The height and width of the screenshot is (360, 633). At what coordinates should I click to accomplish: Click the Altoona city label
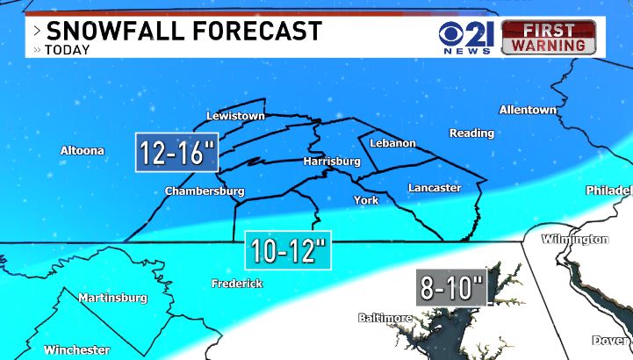pos(82,150)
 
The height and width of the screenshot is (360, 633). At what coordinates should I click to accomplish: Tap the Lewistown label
pos(234,116)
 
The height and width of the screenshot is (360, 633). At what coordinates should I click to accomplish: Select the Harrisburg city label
pos(332,162)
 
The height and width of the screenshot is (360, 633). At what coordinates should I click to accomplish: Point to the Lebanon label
pos(392,143)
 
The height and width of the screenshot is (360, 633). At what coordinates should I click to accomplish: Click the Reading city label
pos(471,133)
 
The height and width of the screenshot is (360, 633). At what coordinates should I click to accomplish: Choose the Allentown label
pos(528,110)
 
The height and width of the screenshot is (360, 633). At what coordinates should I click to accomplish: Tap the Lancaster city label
pos(434,188)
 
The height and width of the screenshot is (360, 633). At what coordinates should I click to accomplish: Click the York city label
pos(365,200)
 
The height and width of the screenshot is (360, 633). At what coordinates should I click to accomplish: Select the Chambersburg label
pos(205,191)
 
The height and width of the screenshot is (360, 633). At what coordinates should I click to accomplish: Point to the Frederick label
pos(237,283)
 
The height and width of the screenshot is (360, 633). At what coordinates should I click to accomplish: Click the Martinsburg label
pos(112,298)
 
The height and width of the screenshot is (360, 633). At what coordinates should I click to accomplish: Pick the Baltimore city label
pos(385,317)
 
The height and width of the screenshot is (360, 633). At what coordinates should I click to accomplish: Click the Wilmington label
pos(575,239)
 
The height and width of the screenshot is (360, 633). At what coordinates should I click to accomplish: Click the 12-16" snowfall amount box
pos(176,154)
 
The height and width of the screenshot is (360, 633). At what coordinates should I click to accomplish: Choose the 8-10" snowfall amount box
pos(451,288)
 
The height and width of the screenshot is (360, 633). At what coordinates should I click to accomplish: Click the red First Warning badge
pos(548,36)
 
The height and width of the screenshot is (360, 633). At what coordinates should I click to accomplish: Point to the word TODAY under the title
pos(68,50)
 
